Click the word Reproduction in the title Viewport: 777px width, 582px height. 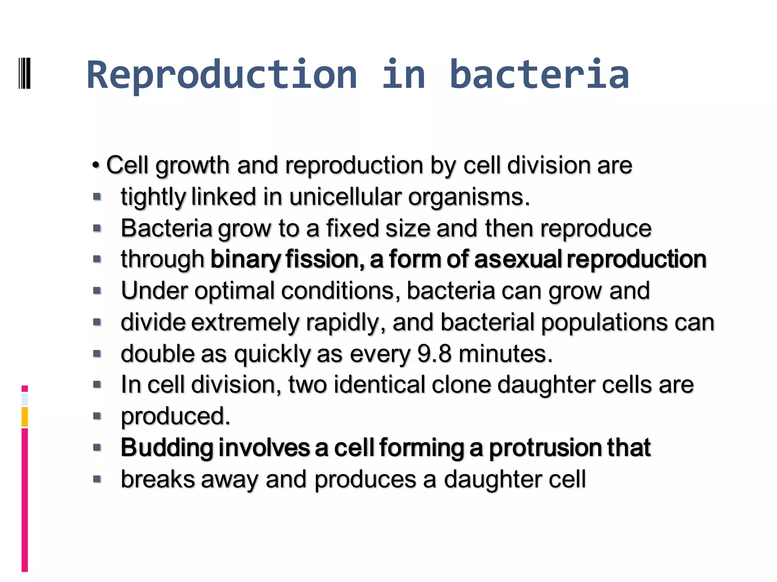click(222, 75)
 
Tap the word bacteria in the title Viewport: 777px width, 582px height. click(539, 75)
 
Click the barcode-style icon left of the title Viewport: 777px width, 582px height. click(24, 73)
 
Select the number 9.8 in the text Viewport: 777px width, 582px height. click(434, 354)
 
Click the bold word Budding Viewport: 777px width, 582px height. click(167, 448)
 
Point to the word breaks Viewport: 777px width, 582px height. click(157, 479)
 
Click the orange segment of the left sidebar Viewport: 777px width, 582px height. click(25, 417)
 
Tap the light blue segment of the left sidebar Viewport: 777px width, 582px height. click(25, 399)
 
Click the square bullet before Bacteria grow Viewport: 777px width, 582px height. click(97, 228)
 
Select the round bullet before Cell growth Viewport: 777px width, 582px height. click(96, 166)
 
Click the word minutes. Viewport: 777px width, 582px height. click(505, 354)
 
